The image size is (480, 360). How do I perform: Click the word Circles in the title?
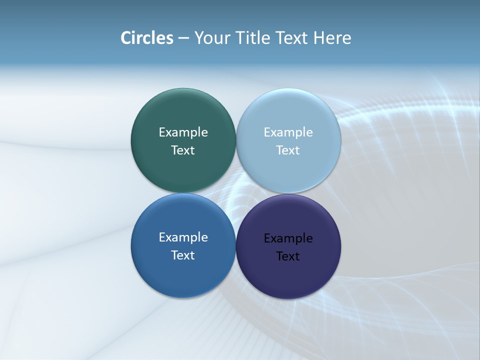click(x=147, y=38)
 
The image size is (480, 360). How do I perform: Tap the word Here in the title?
click(x=332, y=38)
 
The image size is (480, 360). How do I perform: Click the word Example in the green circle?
click(x=183, y=132)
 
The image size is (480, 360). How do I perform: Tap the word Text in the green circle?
click(x=183, y=150)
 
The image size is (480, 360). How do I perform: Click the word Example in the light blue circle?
click(x=288, y=132)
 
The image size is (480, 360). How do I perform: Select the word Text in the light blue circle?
click(x=288, y=150)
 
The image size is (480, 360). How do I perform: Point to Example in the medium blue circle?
click(x=183, y=237)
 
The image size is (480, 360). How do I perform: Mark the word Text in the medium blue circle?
click(x=183, y=255)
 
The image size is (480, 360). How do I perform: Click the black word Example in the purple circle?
click(x=288, y=238)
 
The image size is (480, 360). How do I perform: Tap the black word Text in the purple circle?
click(x=288, y=256)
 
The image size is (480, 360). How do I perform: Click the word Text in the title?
click(x=292, y=38)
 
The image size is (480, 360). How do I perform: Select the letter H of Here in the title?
click(x=318, y=38)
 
